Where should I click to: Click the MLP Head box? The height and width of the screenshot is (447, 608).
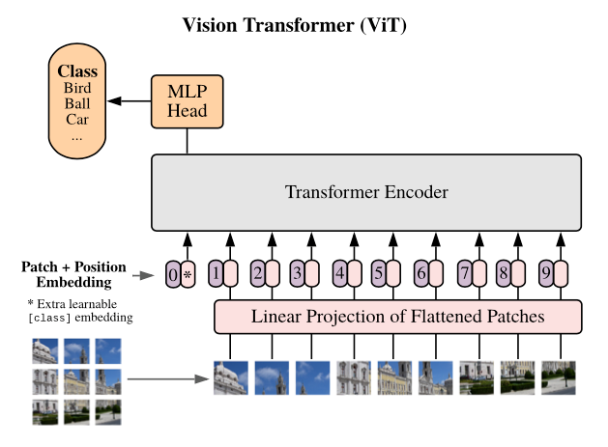(x=187, y=101)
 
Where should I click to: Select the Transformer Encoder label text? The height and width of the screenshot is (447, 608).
(x=366, y=192)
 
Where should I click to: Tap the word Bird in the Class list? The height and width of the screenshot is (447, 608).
(x=77, y=88)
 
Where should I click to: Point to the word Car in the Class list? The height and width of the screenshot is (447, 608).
(x=77, y=120)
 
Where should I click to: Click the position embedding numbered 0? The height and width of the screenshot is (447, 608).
(x=173, y=274)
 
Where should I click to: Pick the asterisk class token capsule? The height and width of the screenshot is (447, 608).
(x=188, y=274)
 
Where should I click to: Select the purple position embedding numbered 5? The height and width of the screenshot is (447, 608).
(x=379, y=273)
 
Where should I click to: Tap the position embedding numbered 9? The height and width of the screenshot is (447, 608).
(x=546, y=273)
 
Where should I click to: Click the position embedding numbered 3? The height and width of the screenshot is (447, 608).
(x=298, y=273)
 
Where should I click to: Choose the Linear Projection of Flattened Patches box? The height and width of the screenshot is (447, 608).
(x=398, y=317)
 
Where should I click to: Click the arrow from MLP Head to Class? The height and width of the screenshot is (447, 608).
(x=130, y=101)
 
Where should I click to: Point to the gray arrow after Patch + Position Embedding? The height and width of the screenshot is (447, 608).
(x=143, y=275)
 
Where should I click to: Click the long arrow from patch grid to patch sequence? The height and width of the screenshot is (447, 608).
(x=168, y=378)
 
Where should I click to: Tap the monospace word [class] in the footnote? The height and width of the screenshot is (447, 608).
(x=49, y=318)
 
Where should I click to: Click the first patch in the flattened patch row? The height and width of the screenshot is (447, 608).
(x=231, y=377)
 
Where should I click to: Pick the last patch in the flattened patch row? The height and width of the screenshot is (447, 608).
(x=559, y=377)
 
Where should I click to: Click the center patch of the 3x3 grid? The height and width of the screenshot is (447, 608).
(x=76, y=381)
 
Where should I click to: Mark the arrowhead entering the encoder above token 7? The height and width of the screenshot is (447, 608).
(x=479, y=239)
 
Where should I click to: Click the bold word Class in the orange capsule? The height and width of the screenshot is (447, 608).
(x=77, y=71)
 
